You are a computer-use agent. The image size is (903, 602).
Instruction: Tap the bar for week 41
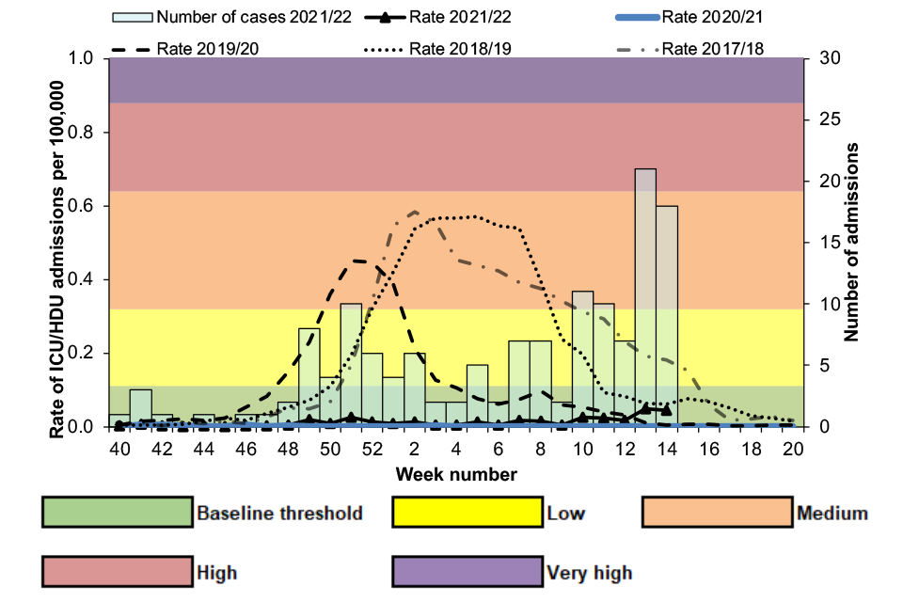[x=140, y=408]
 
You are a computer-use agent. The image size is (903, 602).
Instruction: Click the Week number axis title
[x=455, y=474]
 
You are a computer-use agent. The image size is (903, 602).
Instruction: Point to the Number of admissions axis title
[x=854, y=242]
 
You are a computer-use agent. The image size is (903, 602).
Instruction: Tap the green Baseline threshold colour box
[x=118, y=513]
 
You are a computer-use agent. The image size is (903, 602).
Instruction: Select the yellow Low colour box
[x=467, y=513]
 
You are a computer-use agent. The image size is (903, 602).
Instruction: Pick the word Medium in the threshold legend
[x=832, y=514]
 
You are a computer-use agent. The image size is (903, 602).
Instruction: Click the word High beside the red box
[x=216, y=572]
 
